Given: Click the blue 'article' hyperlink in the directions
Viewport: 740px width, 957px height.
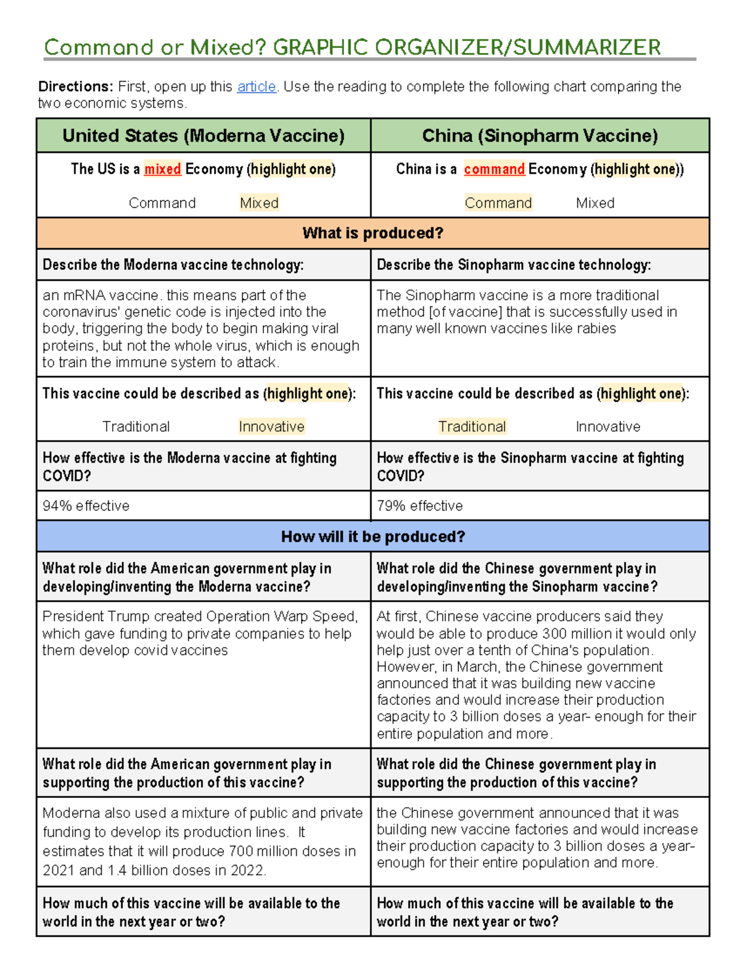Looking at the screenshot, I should tap(256, 87).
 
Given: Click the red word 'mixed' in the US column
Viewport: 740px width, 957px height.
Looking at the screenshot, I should tap(162, 169).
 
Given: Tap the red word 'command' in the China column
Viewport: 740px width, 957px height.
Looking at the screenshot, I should tap(494, 169).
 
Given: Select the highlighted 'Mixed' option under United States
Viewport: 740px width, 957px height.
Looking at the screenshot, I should tap(259, 203).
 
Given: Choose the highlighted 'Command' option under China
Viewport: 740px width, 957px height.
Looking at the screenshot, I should tap(498, 203).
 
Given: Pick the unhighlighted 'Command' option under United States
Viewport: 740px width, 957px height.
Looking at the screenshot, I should tap(162, 203).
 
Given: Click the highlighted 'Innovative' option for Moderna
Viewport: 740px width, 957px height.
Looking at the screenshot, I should tap(271, 426).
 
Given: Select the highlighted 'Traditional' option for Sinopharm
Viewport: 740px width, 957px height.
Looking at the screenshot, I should tap(472, 426).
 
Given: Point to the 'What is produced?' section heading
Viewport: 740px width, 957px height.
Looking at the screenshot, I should tap(372, 233).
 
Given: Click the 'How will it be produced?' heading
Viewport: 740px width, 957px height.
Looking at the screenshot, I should tap(372, 536).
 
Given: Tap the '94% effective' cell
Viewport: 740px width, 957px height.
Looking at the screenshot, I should tap(86, 506).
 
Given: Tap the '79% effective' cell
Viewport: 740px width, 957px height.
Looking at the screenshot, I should tap(419, 506).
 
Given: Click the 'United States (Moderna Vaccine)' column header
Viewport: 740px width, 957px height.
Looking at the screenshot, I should tap(203, 136).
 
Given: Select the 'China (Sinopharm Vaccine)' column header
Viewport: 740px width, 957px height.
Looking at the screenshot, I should tap(540, 136).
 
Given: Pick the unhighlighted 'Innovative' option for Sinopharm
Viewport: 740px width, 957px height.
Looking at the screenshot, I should tap(607, 426).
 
